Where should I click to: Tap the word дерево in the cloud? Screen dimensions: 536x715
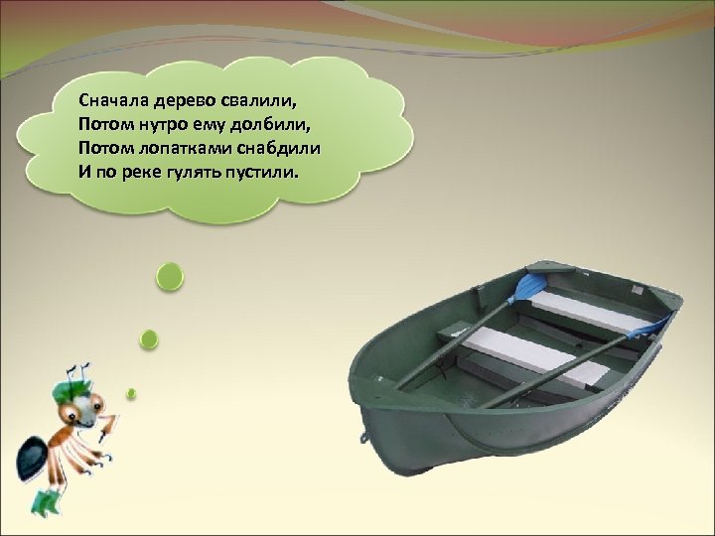point(174,100)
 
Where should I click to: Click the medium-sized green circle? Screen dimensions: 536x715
point(149,339)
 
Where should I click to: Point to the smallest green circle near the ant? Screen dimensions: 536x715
point(130,393)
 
